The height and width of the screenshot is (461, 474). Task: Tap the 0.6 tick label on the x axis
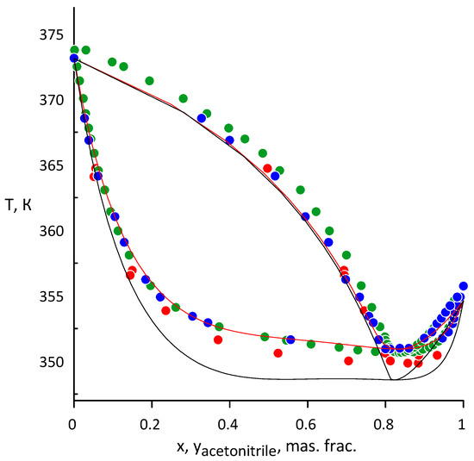point(307,424)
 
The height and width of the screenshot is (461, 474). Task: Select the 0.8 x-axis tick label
point(385,424)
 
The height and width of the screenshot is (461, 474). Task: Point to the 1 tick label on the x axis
point(463,424)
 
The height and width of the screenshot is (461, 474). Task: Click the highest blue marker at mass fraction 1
point(463,286)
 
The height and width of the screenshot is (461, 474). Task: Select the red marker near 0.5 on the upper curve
point(267,168)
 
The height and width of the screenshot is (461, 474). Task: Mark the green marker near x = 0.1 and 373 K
point(112,62)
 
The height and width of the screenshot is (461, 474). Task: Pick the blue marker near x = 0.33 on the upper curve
point(202,118)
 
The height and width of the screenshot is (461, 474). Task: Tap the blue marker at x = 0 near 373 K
point(74,59)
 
